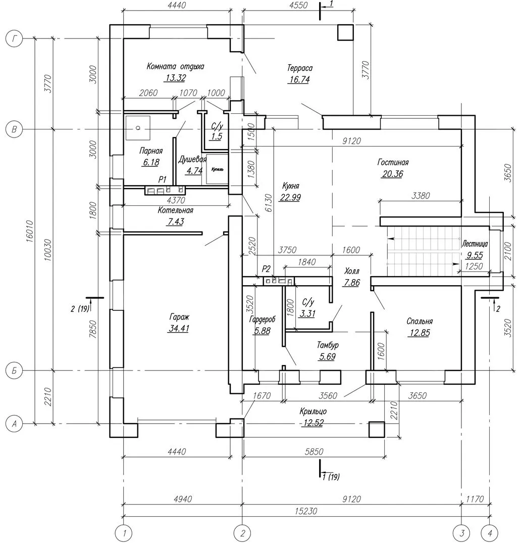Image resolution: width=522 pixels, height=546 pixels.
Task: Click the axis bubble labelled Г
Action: coord(15,39)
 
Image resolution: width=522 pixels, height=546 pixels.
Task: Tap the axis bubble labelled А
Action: coord(15,424)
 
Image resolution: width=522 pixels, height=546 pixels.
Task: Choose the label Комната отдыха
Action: coord(176,66)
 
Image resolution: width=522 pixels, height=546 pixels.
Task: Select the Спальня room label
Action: coord(420,322)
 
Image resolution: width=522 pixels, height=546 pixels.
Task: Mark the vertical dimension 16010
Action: coord(29,232)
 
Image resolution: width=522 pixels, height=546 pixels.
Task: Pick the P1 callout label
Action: coord(162,179)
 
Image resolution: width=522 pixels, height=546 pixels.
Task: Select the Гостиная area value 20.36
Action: coord(392,174)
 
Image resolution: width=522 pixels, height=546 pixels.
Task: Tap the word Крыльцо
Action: coord(313,412)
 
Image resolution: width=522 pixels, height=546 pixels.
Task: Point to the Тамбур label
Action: coord(328,345)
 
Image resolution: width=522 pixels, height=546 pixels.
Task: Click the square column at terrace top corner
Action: coord(346,32)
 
